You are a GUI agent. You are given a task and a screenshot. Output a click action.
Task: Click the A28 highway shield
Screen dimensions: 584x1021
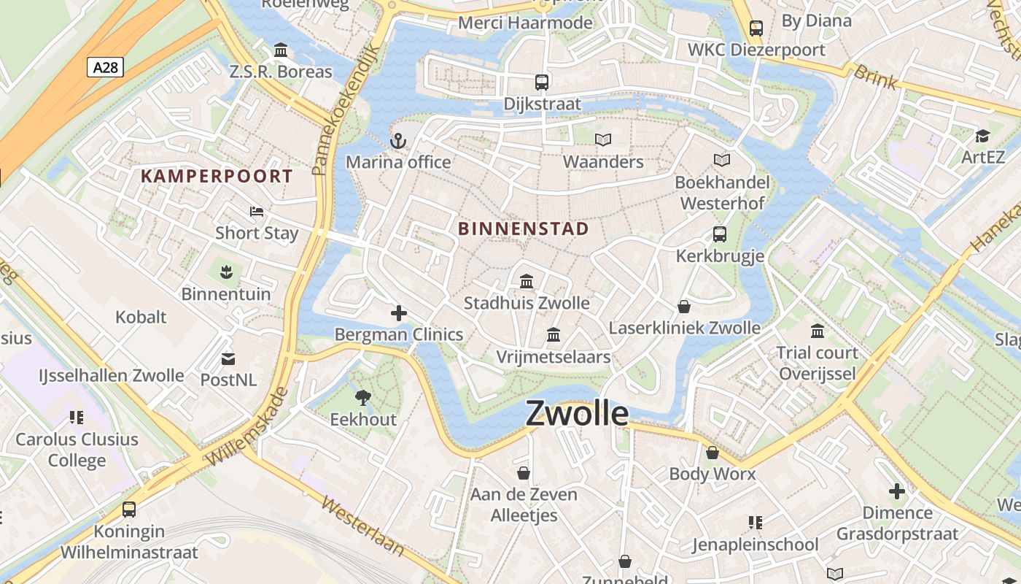(x=106, y=68)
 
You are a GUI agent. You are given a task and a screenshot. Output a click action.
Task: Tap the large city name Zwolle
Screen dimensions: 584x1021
(x=576, y=413)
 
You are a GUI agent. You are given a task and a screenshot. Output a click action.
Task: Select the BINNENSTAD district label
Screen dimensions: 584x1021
(x=523, y=228)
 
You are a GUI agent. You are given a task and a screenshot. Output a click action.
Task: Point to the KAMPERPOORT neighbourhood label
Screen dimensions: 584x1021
(x=217, y=176)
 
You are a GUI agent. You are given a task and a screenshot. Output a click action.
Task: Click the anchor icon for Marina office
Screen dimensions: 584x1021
(x=397, y=141)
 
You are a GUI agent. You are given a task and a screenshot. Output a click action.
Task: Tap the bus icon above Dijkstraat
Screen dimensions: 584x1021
(x=541, y=82)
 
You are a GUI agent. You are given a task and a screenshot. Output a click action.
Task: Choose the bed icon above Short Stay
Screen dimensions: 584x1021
(x=257, y=212)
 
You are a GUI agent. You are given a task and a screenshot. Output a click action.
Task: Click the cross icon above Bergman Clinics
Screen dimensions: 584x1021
(x=399, y=313)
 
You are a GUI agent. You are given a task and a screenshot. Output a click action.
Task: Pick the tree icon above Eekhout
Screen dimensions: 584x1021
(x=362, y=398)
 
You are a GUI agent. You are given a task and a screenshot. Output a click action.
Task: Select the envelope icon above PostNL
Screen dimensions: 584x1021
(x=228, y=358)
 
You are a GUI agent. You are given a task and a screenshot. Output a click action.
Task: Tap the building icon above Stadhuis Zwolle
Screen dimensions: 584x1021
(x=527, y=281)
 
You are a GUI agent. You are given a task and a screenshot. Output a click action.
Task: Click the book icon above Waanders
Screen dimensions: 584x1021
(x=603, y=139)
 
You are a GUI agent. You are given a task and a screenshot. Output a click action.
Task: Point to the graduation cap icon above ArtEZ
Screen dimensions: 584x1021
(x=982, y=136)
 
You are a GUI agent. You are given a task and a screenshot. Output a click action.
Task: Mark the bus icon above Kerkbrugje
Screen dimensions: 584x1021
(x=720, y=234)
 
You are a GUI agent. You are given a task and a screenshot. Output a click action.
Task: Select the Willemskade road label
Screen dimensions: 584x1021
(x=248, y=428)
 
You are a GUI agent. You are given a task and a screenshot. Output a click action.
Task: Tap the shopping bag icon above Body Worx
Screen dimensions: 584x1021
(x=713, y=453)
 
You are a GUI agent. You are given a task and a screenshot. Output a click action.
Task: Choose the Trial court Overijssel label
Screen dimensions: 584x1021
(x=817, y=364)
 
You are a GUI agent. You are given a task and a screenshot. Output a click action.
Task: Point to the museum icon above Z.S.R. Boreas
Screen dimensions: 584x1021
(x=281, y=50)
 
